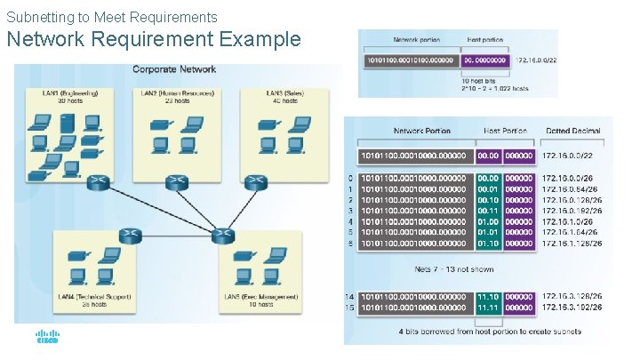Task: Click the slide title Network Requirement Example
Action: [x=154, y=40]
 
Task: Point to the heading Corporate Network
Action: [x=174, y=69]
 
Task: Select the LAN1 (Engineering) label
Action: [x=69, y=93]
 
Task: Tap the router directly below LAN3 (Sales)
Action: [x=256, y=182]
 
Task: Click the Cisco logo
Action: [x=46, y=337]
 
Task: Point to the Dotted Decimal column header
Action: [x=573, y=132]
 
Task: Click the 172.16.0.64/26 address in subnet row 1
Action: [x=572, y=188]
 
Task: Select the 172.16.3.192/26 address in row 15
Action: [x=572, y=307]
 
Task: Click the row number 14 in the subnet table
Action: [x=351, y=296]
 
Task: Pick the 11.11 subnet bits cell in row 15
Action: [x=487, y=307]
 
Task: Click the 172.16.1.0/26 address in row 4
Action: [x=569, y=221]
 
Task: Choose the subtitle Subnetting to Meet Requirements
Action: [x=112, y=17]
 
